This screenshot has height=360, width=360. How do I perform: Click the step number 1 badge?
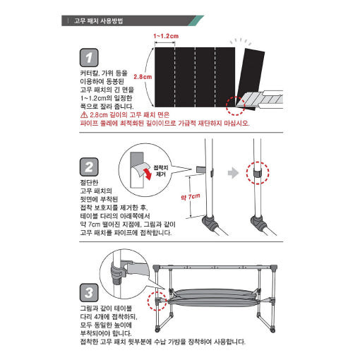tap(89, 58)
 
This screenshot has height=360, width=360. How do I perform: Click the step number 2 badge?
tap(89, 167)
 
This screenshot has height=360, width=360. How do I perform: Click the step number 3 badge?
tap(89, 293)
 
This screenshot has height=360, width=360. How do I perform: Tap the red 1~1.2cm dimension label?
tap(166, 36)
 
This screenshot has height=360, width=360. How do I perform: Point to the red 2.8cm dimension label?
tap(143, 77)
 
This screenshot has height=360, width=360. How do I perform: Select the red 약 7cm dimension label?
tap(191, 196)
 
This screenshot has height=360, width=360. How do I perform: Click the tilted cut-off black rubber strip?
tap(251, 79)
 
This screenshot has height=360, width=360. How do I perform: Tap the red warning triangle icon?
tap(84, 115)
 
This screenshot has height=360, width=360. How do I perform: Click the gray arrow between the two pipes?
tap(233, 173)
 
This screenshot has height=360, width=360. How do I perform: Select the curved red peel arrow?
tap(148, 173)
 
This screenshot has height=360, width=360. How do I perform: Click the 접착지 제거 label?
tap(161, 171)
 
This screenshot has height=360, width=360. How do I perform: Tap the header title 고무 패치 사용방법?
tap(99, 21)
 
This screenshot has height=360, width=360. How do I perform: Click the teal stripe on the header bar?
tap(196, 20)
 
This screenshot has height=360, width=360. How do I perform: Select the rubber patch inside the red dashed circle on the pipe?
tap(258, 173)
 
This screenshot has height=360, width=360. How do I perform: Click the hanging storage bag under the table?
tap(213, 298)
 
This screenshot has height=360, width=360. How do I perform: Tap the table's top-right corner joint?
tap(273, 268)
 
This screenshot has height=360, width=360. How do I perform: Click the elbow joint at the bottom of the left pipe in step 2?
tap(209, 222)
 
